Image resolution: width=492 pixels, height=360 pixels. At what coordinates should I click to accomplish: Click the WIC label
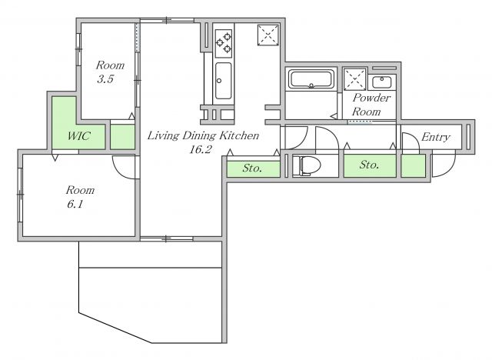pyautogui.click(x=78, y=136)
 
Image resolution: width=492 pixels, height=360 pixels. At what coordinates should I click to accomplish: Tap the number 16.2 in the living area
pyautogui.click(x=201, y=149)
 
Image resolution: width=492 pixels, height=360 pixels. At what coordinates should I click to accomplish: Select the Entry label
pyautogui.click(x=436, y=137)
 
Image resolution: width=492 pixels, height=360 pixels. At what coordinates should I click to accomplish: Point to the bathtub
pyautogui.click(x=311, y=79)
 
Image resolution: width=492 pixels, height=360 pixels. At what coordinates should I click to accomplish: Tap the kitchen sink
pyautogui.click(x=224, y=80)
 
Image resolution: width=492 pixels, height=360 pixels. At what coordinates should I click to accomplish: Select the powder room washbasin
pyautogui.click(x=381, y=82)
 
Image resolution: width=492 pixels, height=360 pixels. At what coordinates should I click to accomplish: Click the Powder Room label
pyautogui.click(x=371, y=105)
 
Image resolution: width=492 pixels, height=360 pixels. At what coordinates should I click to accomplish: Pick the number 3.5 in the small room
pyautogui.click(x=105, y=79)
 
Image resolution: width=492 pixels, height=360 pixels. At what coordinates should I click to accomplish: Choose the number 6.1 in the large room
pyautogui.click(x=75, y=205)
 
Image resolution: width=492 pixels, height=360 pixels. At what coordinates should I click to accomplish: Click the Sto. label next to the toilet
pyautogui.click(x=369, y=165)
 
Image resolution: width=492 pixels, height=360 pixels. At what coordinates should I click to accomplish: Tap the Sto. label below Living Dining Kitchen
pyautogui.click(x=252, y=168)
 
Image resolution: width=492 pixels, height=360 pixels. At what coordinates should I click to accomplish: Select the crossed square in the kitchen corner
pyautogui.click(x=268, y=35)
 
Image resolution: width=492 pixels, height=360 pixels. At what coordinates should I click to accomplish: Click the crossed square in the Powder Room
pyautogui.click(x=354, y=79)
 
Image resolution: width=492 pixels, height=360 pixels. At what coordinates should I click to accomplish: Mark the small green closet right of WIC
pyautogui.click(x=122, y=137)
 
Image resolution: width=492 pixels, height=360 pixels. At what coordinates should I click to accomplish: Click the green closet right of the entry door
pyautogui.click(x=414, y=165)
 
